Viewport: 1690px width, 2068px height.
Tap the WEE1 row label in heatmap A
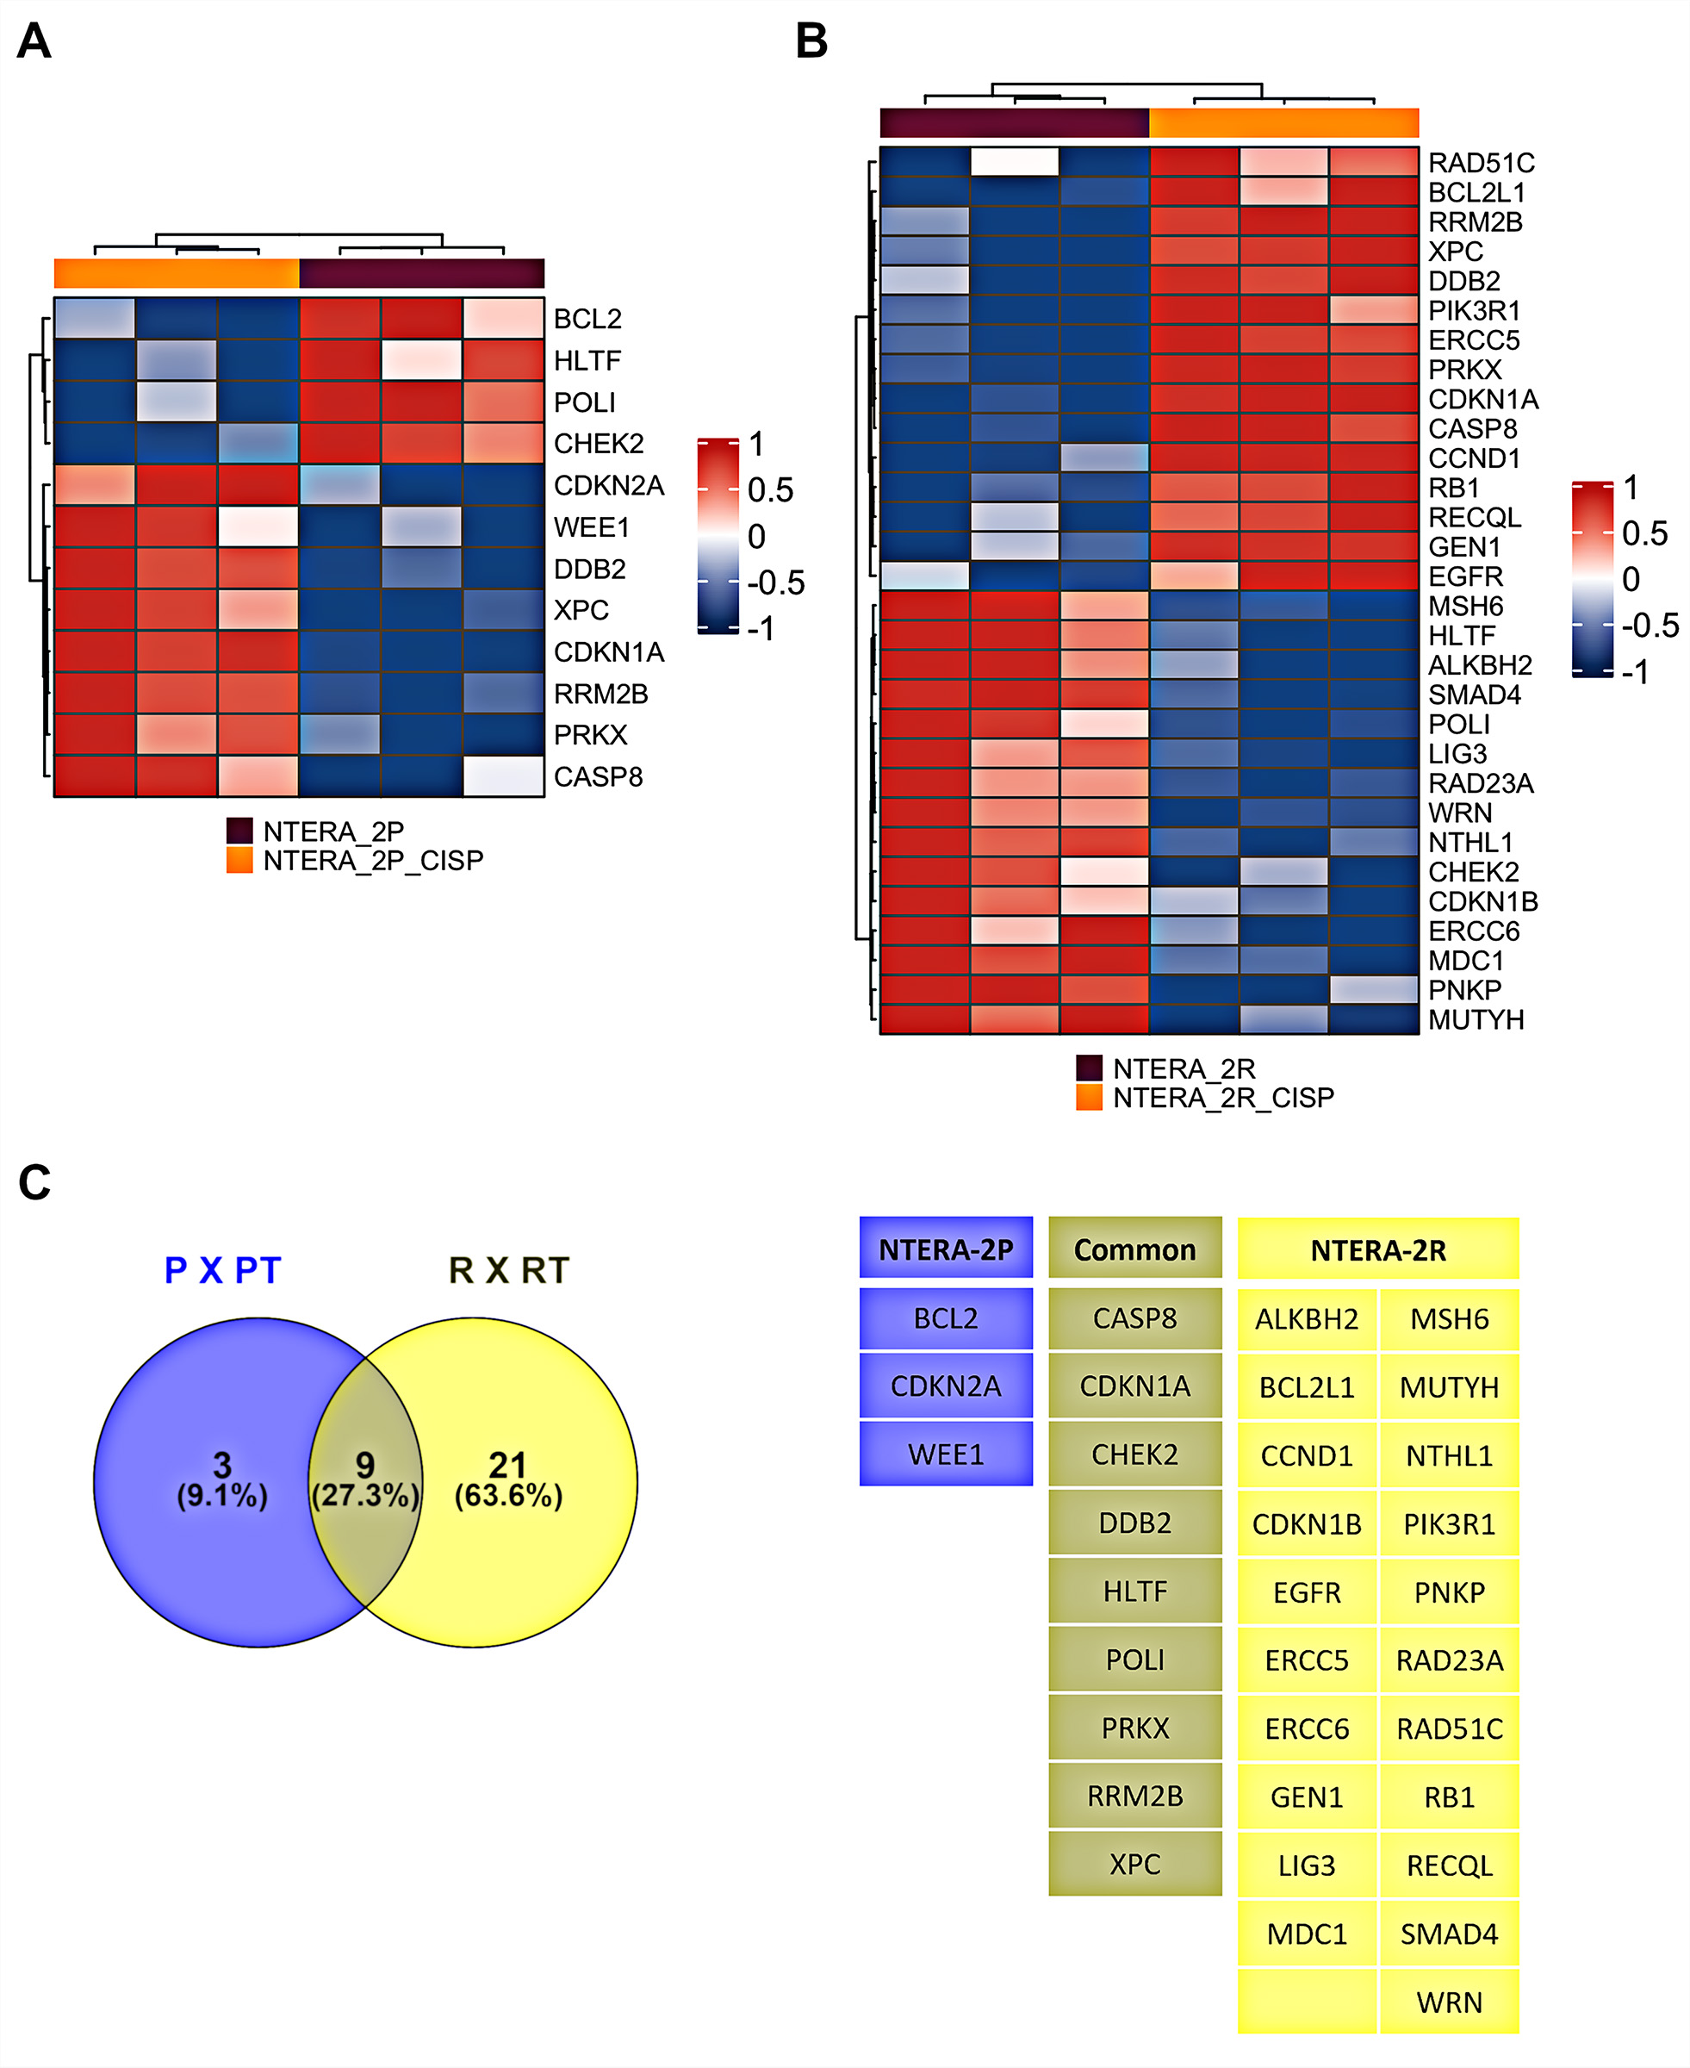click(x=591, y=527)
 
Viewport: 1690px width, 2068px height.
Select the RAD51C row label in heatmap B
click(x=1481, y=163)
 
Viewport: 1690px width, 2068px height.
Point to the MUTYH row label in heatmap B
click(x=1476, y=1019)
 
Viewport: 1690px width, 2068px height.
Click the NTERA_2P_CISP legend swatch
click(x=239, y=860)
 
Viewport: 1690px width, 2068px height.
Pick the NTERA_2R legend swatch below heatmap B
click(x=1089, y=1068)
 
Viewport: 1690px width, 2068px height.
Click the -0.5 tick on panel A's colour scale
click(x=775, y=582)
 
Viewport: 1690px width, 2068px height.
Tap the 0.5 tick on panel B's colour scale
click(x=1644, y=533)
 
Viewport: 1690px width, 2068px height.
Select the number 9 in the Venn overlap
click(x=365, y=1464)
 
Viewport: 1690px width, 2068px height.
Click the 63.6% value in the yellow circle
click(x=508, y=1496)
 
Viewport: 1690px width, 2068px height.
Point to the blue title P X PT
click(x=223, y=1271)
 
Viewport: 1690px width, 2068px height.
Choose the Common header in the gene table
click(x=1134, y=1249)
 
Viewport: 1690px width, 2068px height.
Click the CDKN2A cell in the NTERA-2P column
click(x=945, y=1386)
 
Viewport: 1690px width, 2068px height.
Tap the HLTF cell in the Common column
click(x=1134, y=1591)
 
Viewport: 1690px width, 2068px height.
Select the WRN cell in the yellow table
click(x=1449, y=2003)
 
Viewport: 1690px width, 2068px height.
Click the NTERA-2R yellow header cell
click(x=1377, y=1249)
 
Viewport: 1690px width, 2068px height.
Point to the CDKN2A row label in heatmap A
click(x=608, y=486)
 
